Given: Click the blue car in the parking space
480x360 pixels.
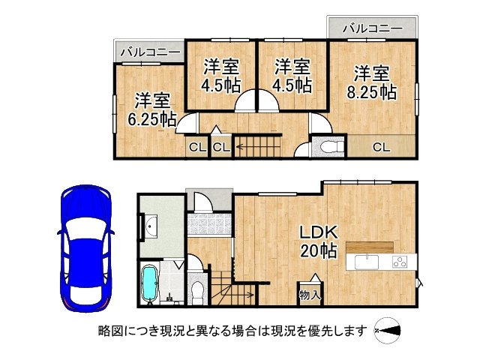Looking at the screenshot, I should (85, 247).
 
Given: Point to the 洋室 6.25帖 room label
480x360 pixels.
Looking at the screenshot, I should (153, 109).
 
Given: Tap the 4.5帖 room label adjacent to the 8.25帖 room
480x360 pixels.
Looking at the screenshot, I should (292, 75).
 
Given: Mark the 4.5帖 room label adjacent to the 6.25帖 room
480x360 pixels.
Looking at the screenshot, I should (220, 75).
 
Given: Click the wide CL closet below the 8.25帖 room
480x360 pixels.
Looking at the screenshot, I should (381, 147).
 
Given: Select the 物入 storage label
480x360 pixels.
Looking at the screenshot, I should (310, 295).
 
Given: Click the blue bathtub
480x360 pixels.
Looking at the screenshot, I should (150, 284).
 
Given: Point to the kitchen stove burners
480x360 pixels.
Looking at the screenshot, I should (398, 262).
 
